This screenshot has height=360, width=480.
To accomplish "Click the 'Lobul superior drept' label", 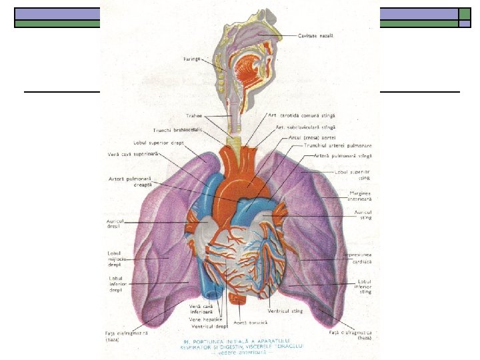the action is pyautogui.click(x=160, y=143).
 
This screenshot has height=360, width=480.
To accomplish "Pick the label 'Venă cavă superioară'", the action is pyautogui.click(x=133, y=155).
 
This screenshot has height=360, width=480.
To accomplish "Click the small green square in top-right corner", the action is pyautogui.click(x=464, y=13).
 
